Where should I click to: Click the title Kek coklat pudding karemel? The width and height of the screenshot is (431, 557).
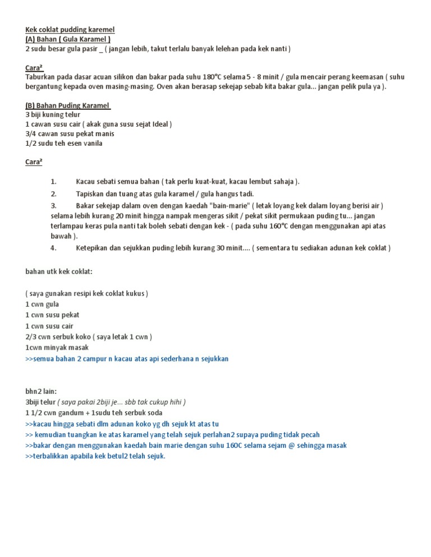70,29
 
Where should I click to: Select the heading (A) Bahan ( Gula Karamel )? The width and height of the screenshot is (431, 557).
68,39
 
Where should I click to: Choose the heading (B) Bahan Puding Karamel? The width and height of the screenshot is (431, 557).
68,105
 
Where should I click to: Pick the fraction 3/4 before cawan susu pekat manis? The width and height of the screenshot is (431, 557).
31,133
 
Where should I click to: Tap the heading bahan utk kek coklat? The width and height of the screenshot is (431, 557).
59,272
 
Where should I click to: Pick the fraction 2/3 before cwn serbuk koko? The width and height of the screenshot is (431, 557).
31,337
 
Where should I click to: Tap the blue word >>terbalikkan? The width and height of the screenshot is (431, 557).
51,456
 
